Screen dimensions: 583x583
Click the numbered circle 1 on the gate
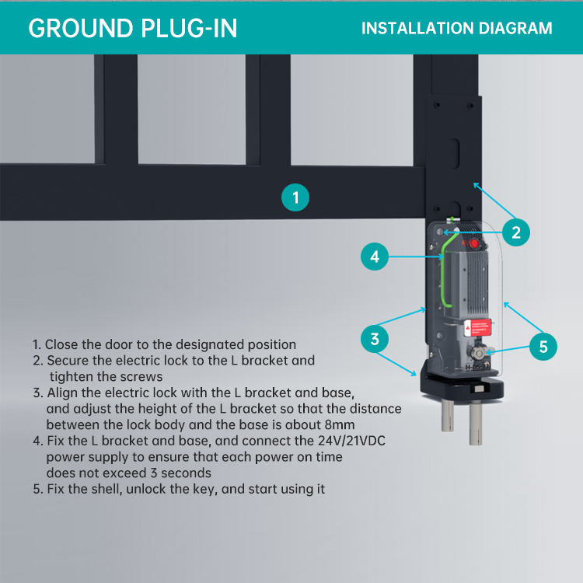click(295, 197)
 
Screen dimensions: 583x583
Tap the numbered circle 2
click(516, 231)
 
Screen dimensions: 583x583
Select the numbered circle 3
click(375, 339)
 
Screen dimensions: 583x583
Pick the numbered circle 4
click(375, 257)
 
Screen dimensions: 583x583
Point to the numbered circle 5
click(543, 346)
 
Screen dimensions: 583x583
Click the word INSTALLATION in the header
click(412, 29)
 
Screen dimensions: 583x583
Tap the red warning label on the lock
click(476, 328)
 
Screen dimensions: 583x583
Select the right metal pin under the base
click(475, 424)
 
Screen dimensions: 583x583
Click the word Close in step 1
click(61, 344)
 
